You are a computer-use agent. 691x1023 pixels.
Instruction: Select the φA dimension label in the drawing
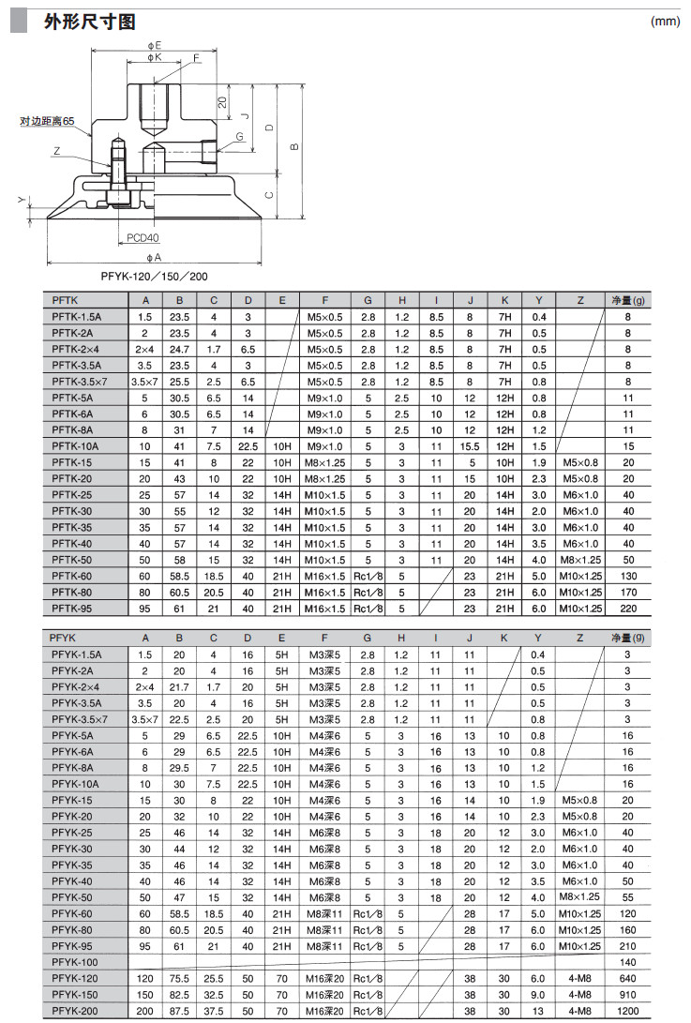click(155, 256)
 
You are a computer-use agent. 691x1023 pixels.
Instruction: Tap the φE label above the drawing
click(155, 45)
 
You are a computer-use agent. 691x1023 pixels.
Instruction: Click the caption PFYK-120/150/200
click(155, 277)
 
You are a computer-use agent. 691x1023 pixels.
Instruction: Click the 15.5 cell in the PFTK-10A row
click(470, 446)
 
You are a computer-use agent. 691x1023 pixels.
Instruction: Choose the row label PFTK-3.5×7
click(81, 382)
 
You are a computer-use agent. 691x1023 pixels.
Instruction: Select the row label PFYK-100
click(75, 963)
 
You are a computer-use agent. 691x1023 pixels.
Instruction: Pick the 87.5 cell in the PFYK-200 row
click(179, 1012)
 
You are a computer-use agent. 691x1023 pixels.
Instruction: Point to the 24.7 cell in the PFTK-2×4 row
click(179, 349)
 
